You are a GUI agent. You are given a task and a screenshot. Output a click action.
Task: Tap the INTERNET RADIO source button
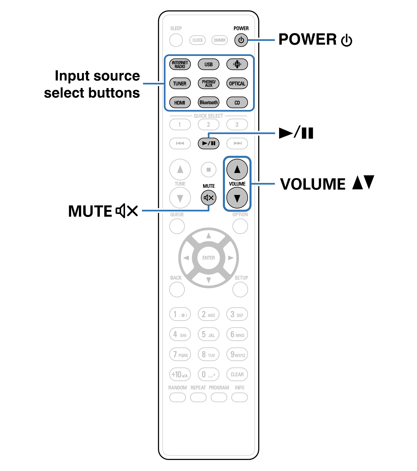pos(180,64)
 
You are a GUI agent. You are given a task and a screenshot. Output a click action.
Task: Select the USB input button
pos(208,64)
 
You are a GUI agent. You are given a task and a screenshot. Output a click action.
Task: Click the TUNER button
pos(180,83)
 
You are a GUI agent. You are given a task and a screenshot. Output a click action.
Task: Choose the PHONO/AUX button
pos(208,83)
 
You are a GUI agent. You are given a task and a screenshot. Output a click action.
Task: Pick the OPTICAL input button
pos(237,83)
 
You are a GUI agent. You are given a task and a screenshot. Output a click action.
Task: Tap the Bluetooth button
pos(208,102)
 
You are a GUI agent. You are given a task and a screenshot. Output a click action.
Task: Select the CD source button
pos(237,102)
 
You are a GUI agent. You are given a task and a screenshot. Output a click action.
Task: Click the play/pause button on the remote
pos(208,143)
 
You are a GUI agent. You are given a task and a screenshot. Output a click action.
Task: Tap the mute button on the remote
pos(208,198)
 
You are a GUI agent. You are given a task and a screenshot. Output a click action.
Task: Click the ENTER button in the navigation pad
pos(208,258)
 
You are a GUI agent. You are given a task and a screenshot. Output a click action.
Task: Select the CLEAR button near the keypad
pos(237,374)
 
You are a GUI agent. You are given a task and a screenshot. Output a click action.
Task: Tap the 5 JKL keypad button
pos(208,334)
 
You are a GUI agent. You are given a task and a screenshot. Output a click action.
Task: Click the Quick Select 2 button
pos(208,124)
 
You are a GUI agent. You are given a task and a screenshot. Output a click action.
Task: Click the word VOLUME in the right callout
pos(313,184)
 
